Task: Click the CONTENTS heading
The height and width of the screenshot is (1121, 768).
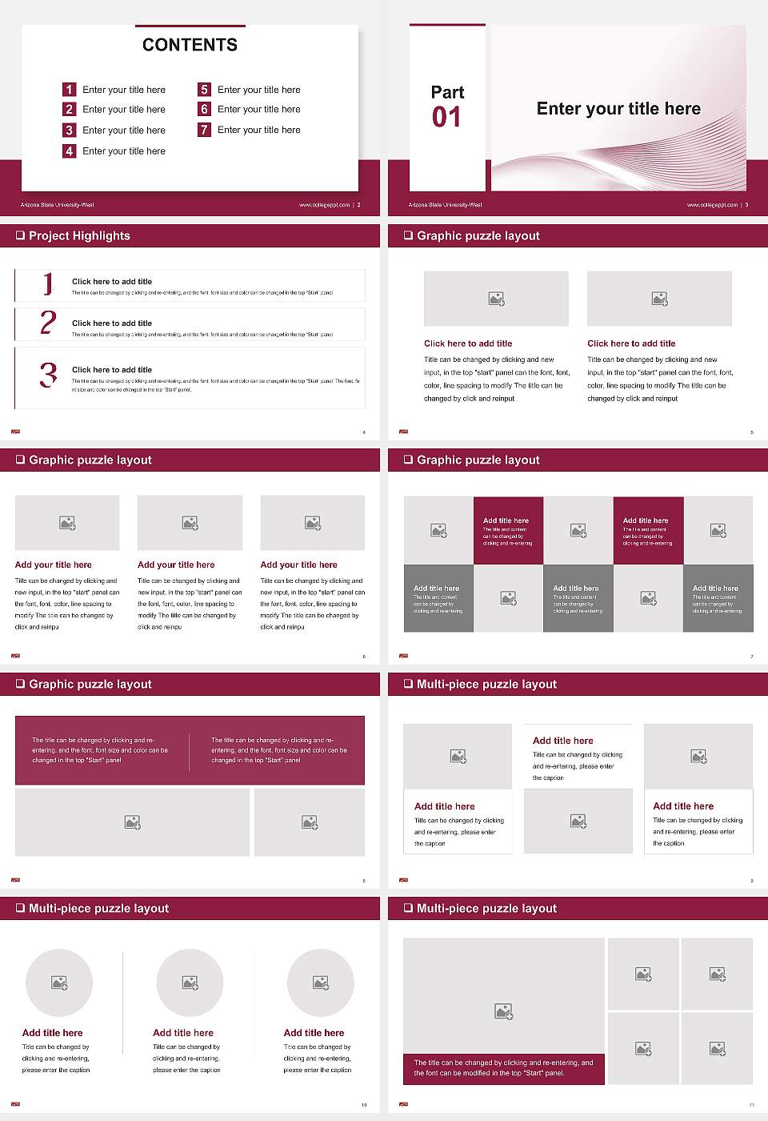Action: pos(190,45)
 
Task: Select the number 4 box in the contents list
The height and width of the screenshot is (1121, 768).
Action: pos(70,151)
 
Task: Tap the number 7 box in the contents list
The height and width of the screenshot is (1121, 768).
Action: pos(205,130)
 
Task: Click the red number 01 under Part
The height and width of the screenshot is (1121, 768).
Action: pos(446,118)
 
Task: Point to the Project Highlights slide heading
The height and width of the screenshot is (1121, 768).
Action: pos(79,235)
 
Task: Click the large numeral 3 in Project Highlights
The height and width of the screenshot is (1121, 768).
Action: pos(49,375)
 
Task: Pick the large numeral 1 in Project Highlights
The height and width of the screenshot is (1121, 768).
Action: pos(48,283)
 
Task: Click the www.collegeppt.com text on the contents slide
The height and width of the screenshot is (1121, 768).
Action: pos(324,205)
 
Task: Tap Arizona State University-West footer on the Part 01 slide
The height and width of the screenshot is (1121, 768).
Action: pos(446,205)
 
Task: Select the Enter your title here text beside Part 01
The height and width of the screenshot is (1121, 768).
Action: pos(618,109)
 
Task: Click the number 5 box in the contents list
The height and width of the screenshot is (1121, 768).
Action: pos(205,90)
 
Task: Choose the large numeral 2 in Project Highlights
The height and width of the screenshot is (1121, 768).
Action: pos(48,323)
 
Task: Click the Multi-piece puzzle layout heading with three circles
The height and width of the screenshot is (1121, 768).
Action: pos(98,908)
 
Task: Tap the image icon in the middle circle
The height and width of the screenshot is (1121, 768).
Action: pos(190,982)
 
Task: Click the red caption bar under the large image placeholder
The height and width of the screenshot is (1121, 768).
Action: pos(503,1068)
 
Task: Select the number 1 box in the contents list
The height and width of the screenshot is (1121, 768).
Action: pos(70,90)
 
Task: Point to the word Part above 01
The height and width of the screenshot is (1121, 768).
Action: pos(447,92)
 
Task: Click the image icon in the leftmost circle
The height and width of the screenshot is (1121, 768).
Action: pos(59,982)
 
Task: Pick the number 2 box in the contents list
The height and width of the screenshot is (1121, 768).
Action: pos(70,109)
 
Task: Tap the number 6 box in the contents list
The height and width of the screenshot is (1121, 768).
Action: pos(205,109)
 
